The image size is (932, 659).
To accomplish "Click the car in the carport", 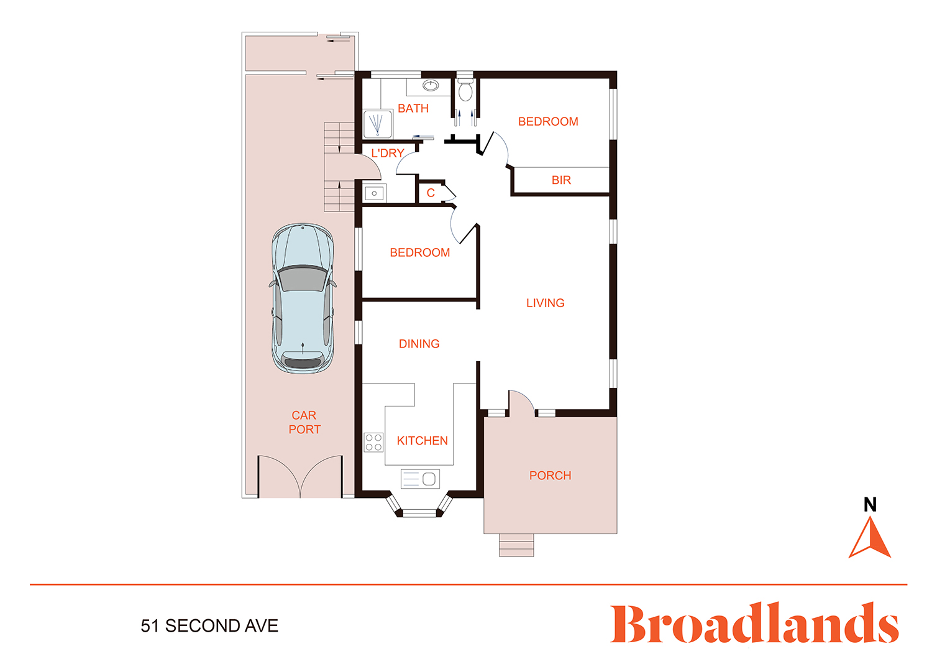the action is click(x=303, y=298).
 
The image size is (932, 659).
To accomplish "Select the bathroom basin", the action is click(x=431, y=86).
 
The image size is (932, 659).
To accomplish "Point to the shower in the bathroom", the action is click(x=378, y=124).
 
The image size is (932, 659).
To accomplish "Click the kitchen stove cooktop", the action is click(x=373, y=443).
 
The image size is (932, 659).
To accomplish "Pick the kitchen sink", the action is click(x=420, y=479).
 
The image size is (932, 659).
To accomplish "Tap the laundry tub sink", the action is click(x=374, y=193).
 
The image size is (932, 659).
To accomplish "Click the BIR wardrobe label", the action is click(x=561, y=180).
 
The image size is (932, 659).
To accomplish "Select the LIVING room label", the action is click(x=545, y=303).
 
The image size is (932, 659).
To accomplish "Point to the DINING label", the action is click(x=419, y=344).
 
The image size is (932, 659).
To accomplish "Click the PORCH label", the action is click(x=550, y=476).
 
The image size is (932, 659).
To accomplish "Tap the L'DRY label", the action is click(x=387, y=153).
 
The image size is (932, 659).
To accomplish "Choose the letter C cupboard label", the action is click(x=431, y=193).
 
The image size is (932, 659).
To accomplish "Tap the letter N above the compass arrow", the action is click(x=870, y=505).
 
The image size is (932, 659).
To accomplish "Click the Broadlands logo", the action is click(x=754, y=623).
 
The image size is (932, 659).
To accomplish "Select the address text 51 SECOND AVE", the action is click(x=209, y=626).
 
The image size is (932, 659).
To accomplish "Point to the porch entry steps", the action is click(x=516, y=545).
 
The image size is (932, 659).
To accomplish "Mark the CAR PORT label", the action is click(x=304, y=422).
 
